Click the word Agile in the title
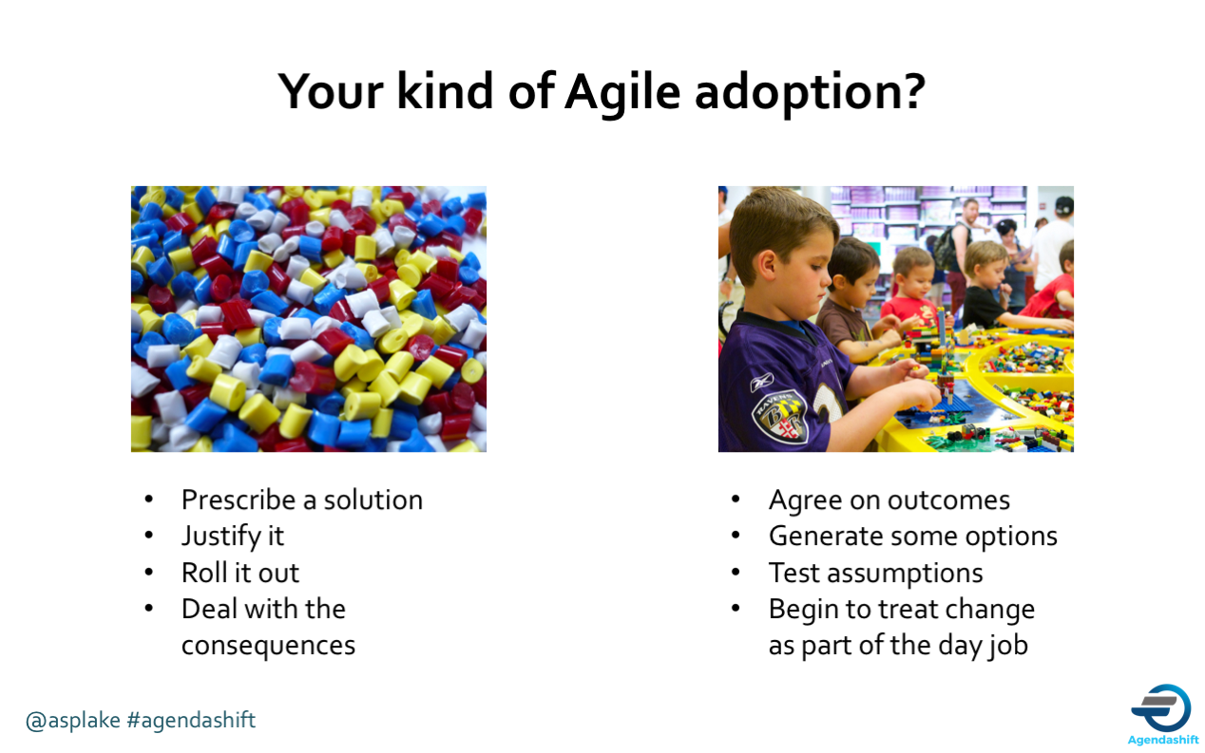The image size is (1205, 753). pyautogui.click(x=622, y=92)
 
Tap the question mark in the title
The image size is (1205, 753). pyautogui.click(x=913, y=92)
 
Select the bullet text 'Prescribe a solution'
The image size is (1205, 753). pyautogui.click(x=301, y=499)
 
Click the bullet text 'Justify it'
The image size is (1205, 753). pyautogui.click(x=233, y=536)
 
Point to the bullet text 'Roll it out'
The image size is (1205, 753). pyautogui.click(x=240, y=573)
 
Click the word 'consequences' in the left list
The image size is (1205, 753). pyautogui.click(x=268, y=645)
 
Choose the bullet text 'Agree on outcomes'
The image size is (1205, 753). pyautogui.click(x=889, y=499)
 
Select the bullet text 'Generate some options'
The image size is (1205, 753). pyautogui.click(x=912, y=536)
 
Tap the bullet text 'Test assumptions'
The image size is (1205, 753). pyautogui.click(x=875, y=573)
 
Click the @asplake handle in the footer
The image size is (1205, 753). pyautogui.click(x=73, y=720)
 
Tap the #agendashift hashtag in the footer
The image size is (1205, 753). pyautogui.click(x=191, y=720)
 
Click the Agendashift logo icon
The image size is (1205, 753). pyautogui.click(x=1161, y=706)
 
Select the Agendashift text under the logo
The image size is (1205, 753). pyautogui.click(x=1162, y=740)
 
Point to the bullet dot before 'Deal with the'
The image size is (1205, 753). pyautogui.click(x=148, y=609)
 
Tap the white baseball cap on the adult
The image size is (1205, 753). pyautogui.click(x=1063, y=204)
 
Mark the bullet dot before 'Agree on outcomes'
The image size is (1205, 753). pyautogui.click(x=736, y=499)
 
